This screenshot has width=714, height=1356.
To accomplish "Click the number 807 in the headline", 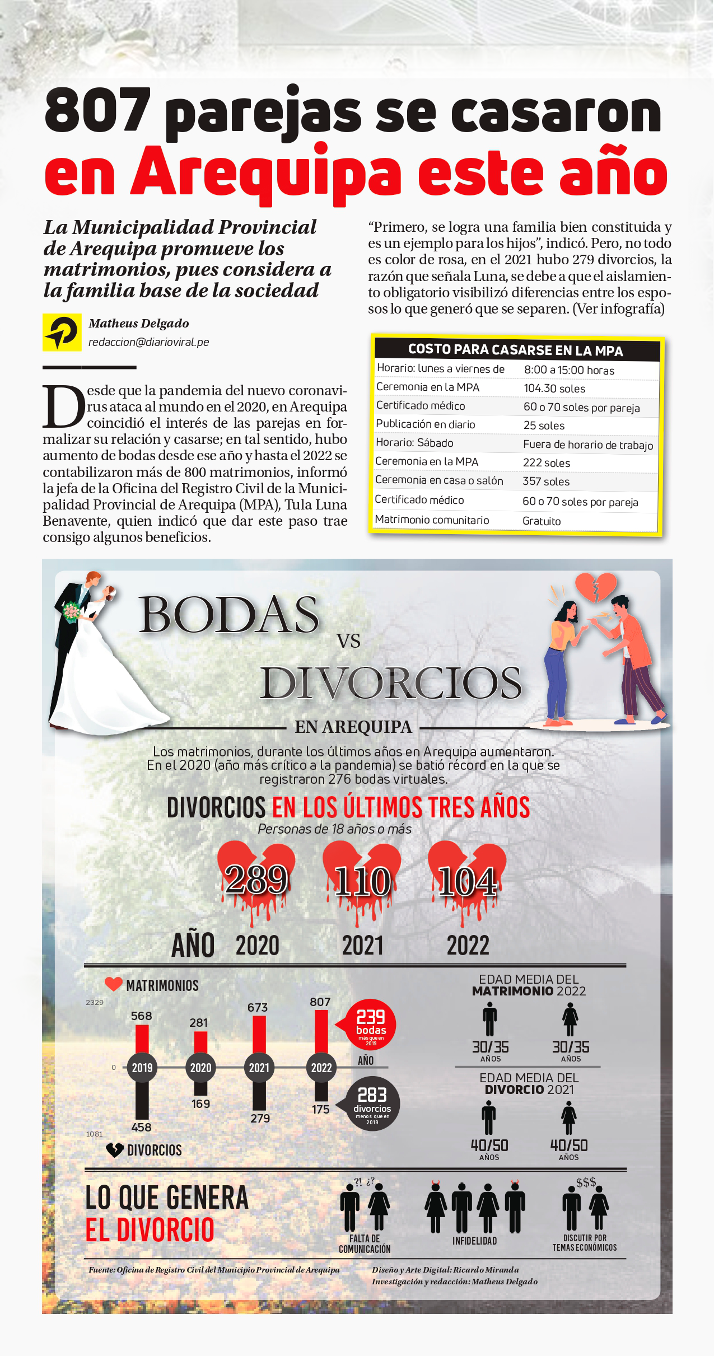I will tap(97, 111).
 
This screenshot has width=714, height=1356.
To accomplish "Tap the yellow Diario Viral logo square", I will tap(62, 332).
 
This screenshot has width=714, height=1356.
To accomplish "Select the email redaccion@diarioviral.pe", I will tap(148, 342).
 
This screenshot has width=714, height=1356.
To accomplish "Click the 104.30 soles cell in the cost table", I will tap(554, 389).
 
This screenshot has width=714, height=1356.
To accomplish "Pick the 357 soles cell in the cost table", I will tap(546, 481).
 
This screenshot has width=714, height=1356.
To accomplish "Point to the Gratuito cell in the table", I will tap(542, 521).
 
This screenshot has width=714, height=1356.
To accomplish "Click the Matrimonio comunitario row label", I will tap(432, 520).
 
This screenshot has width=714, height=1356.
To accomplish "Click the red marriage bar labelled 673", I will tap(259, 1035).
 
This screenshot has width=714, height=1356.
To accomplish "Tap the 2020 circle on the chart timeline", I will tap(200, 1068).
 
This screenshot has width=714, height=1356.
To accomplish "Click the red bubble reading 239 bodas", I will tap(371, 1024).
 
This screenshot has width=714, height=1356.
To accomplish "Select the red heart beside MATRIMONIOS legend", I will tap(114, 984).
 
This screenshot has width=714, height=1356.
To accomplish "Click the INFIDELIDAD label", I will tap(474, 1241).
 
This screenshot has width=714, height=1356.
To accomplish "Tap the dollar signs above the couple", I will tap(586, 1182).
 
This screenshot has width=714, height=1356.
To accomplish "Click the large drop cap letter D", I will tap(63, 406).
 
